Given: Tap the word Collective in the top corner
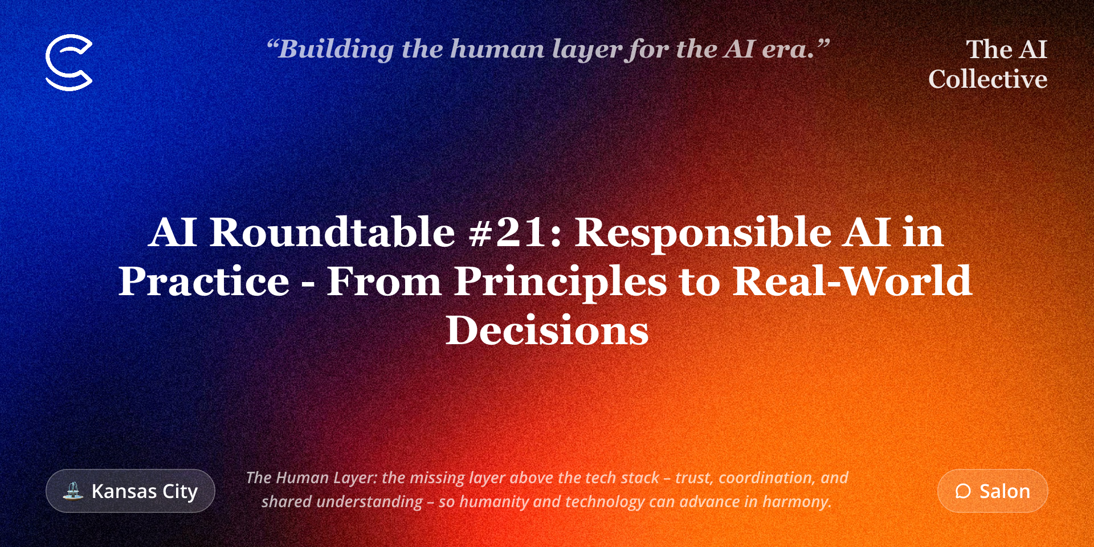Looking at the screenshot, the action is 988,79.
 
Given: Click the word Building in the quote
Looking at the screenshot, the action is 336,50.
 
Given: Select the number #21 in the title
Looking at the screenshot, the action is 516,232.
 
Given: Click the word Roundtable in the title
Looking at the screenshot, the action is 332,232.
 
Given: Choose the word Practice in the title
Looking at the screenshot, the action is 204,281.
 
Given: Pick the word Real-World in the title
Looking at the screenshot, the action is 852,281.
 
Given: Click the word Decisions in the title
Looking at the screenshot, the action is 547,330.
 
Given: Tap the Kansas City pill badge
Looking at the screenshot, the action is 130,491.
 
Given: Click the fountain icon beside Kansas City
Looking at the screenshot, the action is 73,491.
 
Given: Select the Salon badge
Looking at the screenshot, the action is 993,491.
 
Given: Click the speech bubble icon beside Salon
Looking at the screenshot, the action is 963,491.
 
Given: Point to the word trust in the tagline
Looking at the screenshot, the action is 695,478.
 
